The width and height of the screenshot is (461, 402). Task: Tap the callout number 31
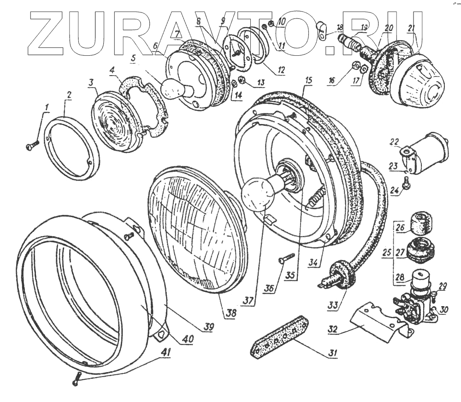click(331, 354)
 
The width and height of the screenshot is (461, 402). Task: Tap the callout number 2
click(69, 96)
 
